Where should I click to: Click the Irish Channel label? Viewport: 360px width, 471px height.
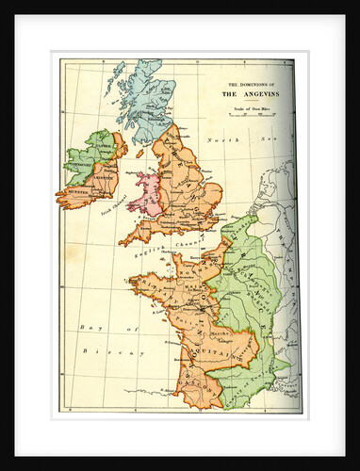click(112, 206)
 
